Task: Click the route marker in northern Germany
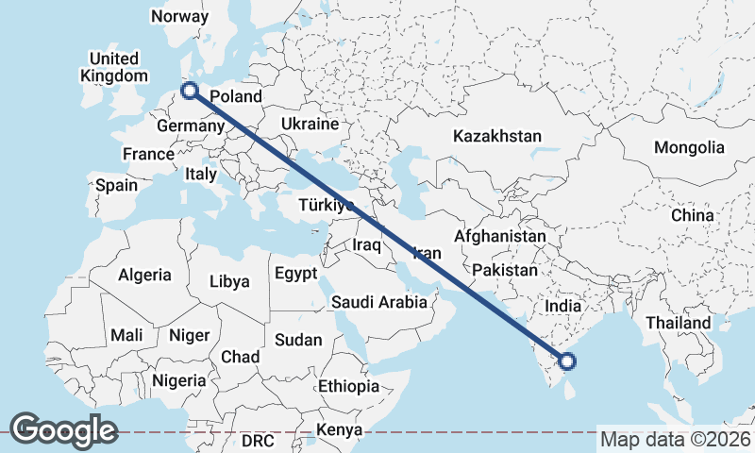190,91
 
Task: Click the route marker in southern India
567,360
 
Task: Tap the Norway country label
179,16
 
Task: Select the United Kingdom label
114,67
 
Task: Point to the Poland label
235,95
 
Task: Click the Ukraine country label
310,125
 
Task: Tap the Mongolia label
689,147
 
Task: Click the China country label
693,215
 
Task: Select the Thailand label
678,323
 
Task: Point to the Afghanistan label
500,236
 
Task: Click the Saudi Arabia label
379,303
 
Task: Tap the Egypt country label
297,274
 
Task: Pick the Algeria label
144,276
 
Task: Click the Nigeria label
178,380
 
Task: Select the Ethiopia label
348,386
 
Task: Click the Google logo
63,429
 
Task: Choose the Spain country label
116,186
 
